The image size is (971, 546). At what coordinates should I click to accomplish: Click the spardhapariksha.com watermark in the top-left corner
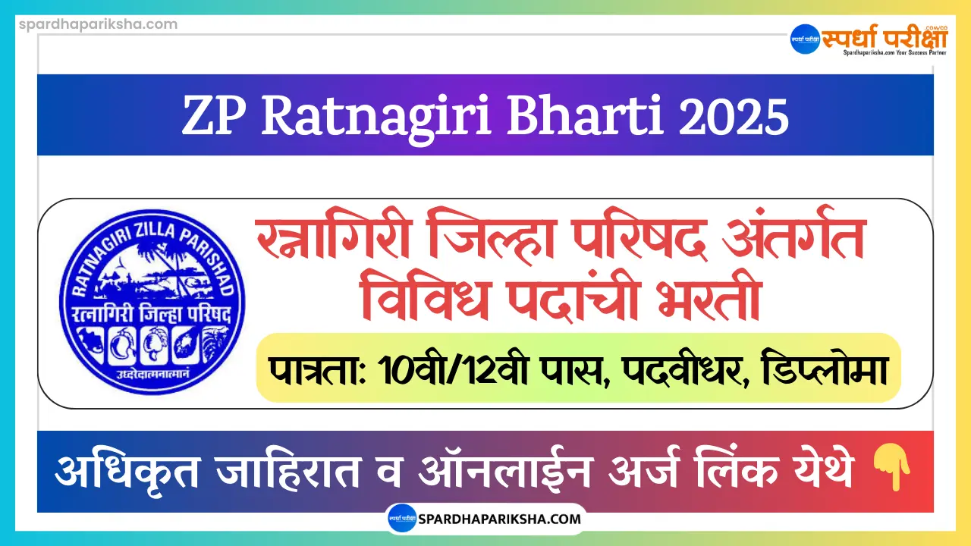click(89, 24)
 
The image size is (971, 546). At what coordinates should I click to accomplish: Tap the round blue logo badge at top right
click(806, 39)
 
